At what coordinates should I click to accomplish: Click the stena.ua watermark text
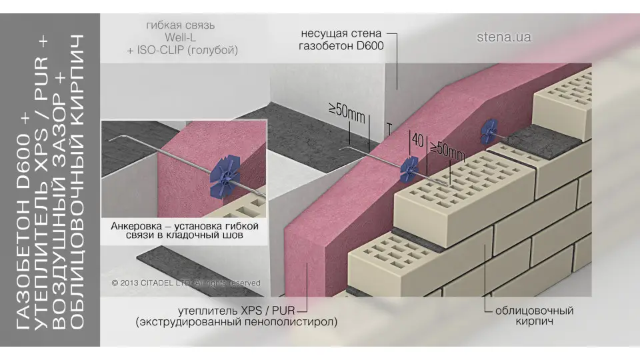click(504, 37)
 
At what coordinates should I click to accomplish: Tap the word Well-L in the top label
click(180, 37)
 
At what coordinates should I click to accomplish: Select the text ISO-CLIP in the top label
click(157, 50)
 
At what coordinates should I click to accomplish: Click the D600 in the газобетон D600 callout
click(370, 46)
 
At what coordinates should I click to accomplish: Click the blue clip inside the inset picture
click(225, 177)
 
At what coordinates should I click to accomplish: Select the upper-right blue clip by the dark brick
click(489, 131)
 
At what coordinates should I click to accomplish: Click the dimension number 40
click(418, 141)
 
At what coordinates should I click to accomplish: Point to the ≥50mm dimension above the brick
click(447, 150)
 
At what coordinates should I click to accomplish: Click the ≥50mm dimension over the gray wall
click(347, 113)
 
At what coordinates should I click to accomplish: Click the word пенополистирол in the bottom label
click(291, 322)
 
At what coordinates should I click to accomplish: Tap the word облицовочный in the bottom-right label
click(534, 311)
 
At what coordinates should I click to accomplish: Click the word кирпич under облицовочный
click(534, 321)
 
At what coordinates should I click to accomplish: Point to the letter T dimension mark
click(389, 129)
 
